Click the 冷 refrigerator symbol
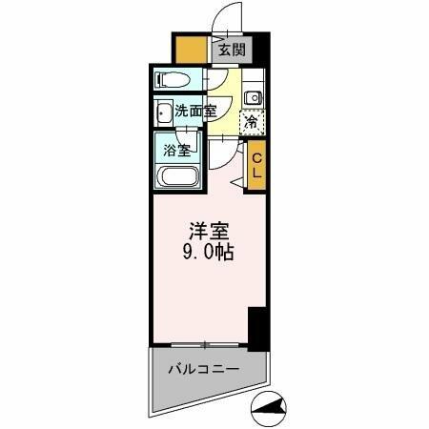(x=252, y=121)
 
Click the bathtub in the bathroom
(x=179, y=177)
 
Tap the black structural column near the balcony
(x=255, y=328)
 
